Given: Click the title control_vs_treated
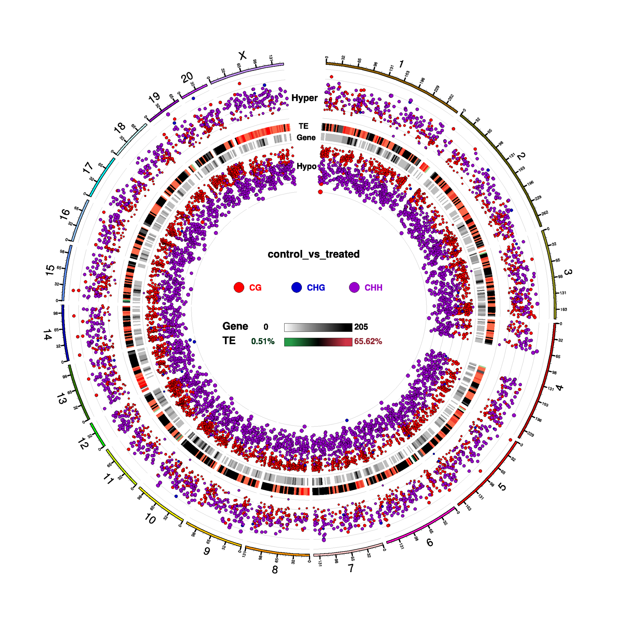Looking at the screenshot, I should pyautogui.click(x=313, y=254).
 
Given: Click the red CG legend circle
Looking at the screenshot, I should pyautogui.click(x=239, y=287).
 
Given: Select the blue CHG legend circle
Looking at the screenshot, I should pyautogui.click(x=297, y=287).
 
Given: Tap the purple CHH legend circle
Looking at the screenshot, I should pyautogui.click(x=354, y=287).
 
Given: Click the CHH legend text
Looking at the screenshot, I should pyautogui.click(x=373, y=287).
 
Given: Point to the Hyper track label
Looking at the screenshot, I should pyautogui.click(x=304, y=98).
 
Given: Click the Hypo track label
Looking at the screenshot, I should pyautogui.click(x=307, y=166).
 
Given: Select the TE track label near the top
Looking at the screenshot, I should pyautogui.click(x=304, y=126).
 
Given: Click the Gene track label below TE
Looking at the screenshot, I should pyautogui.click(x=306, y=138).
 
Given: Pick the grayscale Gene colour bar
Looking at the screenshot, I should pyautogui.click(x=318, y=327).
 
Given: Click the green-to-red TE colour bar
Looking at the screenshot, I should pyautogui.click(x=318, y=342).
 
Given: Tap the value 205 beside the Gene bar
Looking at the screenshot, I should pyautogui.click(x=361, y=327).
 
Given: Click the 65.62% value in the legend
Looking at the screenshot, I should pyautogui.click(x=368, y=341).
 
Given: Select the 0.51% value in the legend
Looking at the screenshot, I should pyautogui.click(x=262, y=341).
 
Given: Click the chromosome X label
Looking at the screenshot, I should pyautogui.click(x=243, y=55).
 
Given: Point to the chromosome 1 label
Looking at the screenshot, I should pyautogui.click(x=401, y=64).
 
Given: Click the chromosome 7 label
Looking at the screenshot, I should pyautogui.click(x=351, y=568).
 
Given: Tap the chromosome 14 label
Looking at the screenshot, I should pyautogui.click(x=47, y=335).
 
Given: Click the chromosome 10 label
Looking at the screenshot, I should pyautogui.click(x=150, y=518).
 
